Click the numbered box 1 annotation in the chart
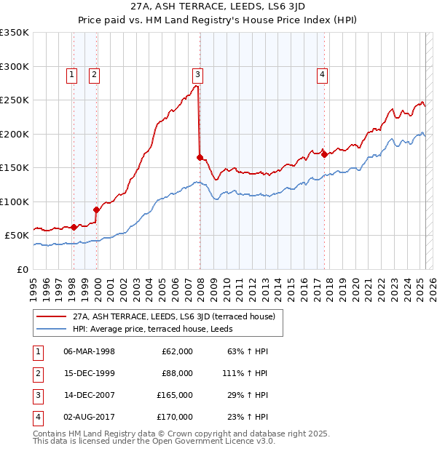(72, 73)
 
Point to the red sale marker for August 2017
(324, 153)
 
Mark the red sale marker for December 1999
(96, 209)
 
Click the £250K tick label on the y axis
(15, 100)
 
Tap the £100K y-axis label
(15, 201)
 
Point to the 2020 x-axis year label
(355, 286)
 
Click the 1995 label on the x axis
(34, 286)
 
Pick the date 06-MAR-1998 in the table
(89, 351)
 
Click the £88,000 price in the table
(177, 373)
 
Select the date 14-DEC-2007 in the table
(89, 395)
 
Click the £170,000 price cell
(175, 417)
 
